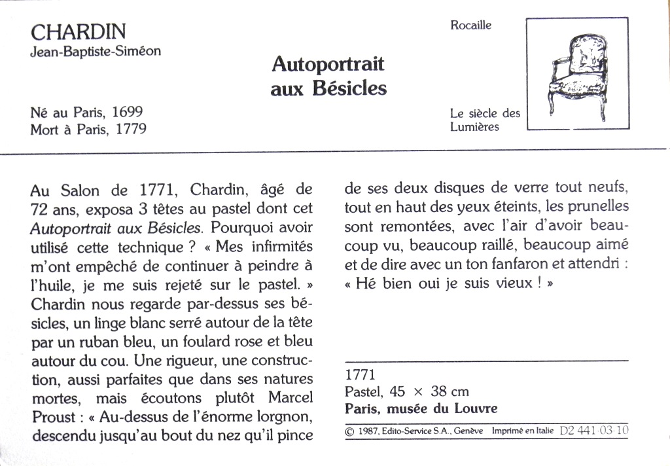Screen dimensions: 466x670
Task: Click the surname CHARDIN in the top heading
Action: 79,31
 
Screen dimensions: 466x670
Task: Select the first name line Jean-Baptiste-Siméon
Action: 96,51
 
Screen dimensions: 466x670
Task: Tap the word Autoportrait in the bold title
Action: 328,65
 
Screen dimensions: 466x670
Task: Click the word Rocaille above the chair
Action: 470,26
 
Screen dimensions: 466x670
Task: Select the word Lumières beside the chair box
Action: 474,127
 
